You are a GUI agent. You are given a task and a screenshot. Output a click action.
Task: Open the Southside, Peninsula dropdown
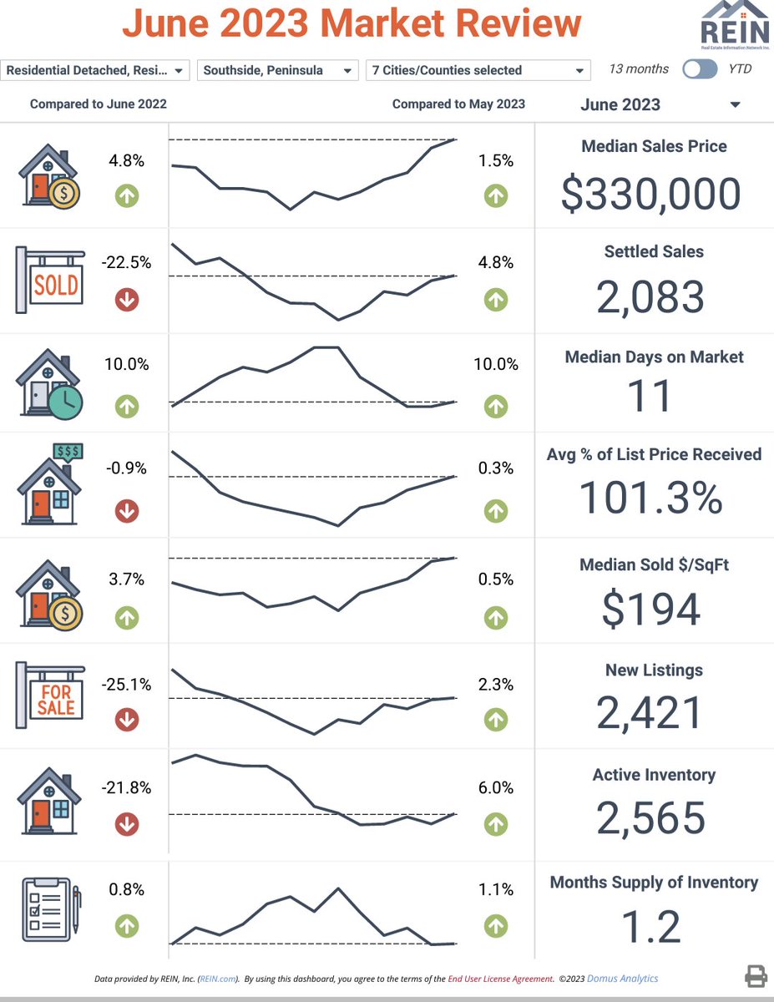point(276,71)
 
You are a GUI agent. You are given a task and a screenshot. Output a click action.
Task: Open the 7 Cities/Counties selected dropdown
point(478,71)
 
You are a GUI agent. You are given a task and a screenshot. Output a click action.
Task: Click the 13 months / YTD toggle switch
point(699,69)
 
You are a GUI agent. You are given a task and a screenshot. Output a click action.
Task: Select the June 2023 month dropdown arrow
point(735,105)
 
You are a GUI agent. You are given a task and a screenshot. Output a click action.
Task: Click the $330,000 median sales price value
point(650,194)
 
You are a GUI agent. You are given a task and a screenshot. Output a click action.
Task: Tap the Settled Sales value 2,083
point(650,297)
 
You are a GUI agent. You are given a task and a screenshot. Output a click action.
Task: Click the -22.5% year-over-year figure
point(126,262)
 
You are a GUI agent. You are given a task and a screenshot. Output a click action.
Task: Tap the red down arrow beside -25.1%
point(127,719)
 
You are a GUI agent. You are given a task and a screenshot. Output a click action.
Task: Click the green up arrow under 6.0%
point(496,824)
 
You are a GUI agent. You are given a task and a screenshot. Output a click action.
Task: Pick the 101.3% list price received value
point(650,498)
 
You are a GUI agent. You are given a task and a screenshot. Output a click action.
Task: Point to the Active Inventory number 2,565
point(650,818)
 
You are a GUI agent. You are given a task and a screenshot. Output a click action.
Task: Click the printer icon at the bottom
point(756,976)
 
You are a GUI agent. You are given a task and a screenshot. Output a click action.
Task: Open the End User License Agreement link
point(500,979)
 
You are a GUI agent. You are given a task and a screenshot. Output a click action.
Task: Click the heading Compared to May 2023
point(458,104)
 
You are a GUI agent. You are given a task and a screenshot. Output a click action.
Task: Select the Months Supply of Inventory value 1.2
point(650,927)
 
